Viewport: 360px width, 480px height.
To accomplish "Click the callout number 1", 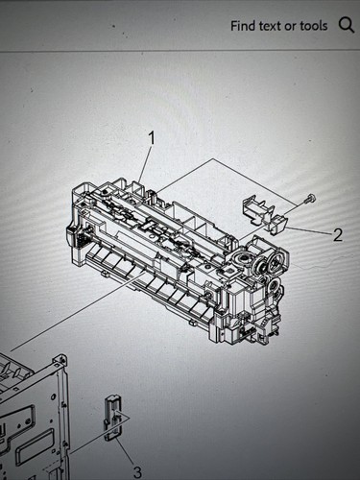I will (x=151, y=138).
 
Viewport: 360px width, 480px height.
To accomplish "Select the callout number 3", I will (x=137, y=471).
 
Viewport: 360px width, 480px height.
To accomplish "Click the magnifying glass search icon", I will (x=347, y=25).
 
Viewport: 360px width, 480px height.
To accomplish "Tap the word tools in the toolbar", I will (x=312, y=26).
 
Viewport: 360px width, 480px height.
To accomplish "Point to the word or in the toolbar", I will (x=294, y=26).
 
